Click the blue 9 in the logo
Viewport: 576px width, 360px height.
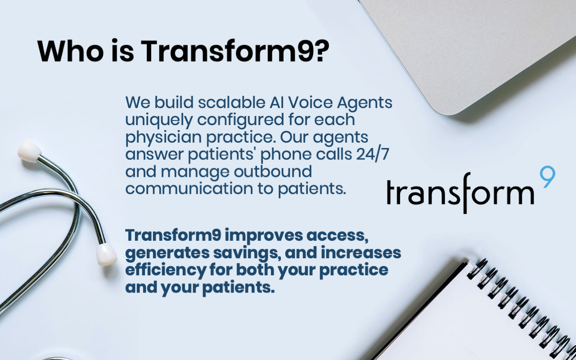click(x=547, y=177)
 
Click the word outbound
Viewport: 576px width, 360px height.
click(x=273, y=171)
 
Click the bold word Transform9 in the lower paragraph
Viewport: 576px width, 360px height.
click(x=173, y=235)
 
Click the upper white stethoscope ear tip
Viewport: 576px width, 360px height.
click(x=30, y=152)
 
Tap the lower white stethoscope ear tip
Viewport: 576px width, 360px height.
click(x=106, y=254)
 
